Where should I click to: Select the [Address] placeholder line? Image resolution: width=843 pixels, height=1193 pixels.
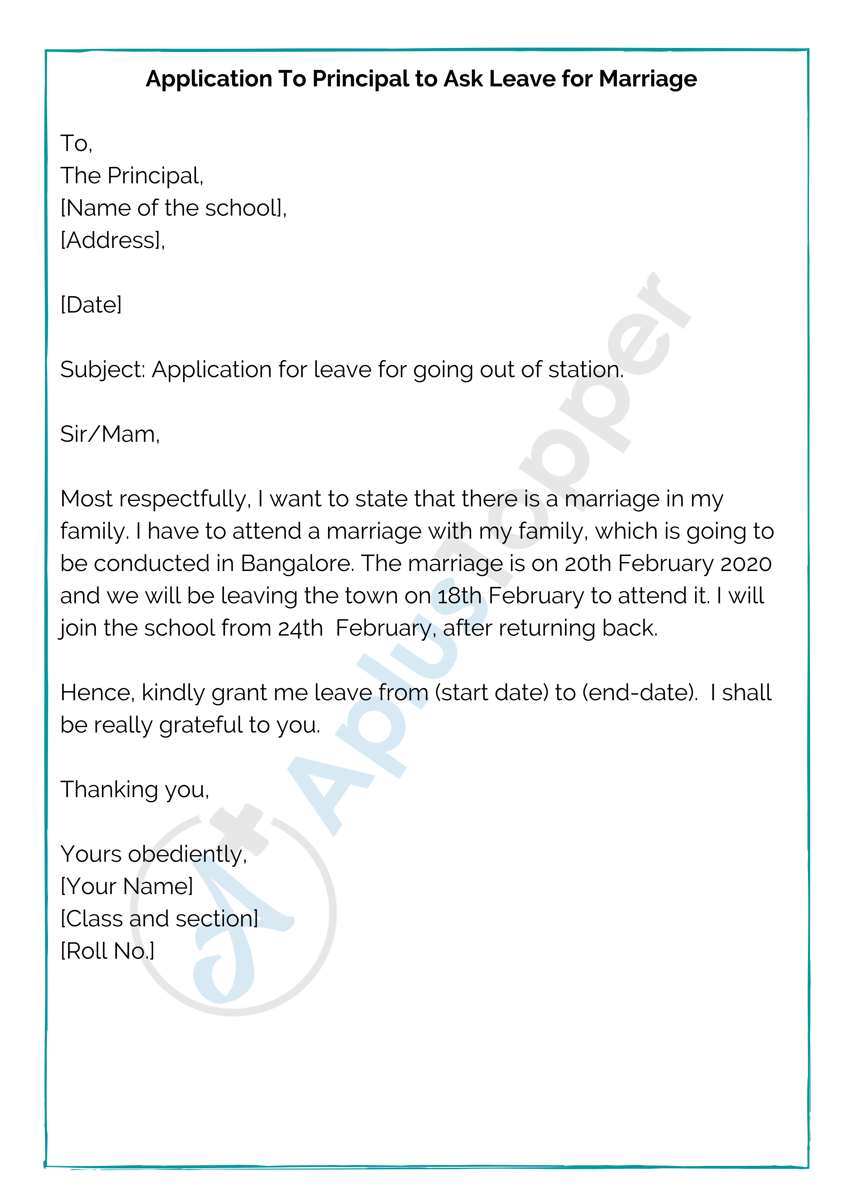[x=112, y=240]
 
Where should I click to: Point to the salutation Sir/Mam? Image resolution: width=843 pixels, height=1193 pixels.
[x=109, y=434]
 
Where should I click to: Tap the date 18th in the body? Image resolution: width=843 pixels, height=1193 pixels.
[x=459, y=596]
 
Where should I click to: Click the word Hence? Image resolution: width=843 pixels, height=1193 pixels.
[x=98, y=693]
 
